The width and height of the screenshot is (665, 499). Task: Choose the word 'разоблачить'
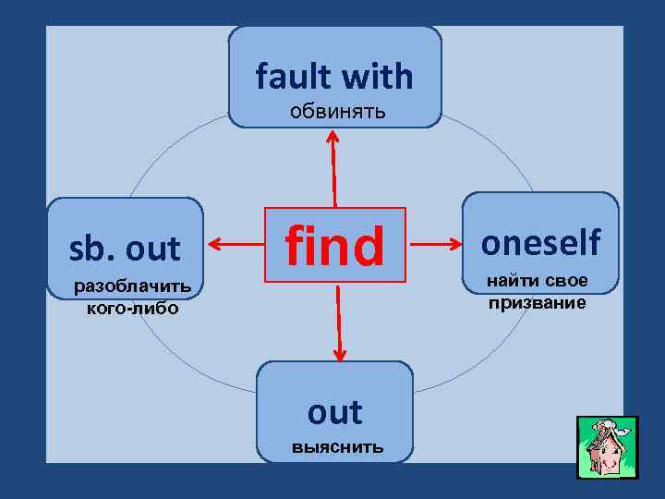click(x=133, y=286)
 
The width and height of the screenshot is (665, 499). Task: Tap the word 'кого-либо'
click(x=132, y=307)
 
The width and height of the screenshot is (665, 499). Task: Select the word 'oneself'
click(x=541, y=242)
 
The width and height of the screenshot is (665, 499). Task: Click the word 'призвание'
click(x=538, y=302)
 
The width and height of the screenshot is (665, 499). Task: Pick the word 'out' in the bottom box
click(x=334, y=412)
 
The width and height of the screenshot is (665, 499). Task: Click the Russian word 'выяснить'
click(x=335, y=447)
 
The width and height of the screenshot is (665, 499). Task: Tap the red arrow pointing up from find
click(x=333, y=166)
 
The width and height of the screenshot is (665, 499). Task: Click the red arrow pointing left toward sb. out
click(x=236, y=245)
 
